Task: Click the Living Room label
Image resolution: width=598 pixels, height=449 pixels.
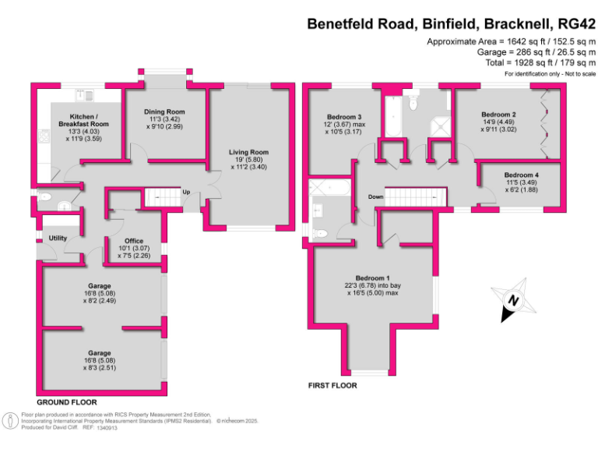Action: (x=248, y=153)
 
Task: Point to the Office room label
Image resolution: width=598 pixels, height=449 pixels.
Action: (x=134, y=241)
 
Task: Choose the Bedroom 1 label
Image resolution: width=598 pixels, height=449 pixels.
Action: (x=372, y=278)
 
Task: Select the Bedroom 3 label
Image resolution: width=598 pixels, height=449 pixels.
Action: (x=343, y=117)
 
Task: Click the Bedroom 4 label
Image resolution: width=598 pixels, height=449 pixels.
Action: (x=520, y=175)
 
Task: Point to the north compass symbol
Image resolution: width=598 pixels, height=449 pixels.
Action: (x=510, y=301)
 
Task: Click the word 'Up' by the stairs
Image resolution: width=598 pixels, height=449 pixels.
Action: (x=186, y=192)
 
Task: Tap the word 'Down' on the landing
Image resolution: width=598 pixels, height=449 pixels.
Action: (x=376, y=197)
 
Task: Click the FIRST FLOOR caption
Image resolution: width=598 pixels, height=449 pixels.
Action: (x=332, y=386)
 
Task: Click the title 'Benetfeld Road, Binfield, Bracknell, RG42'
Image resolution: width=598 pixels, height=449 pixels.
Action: (x=452, y=23)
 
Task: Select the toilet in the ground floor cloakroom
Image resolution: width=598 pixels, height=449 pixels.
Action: (x=44, y=196)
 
